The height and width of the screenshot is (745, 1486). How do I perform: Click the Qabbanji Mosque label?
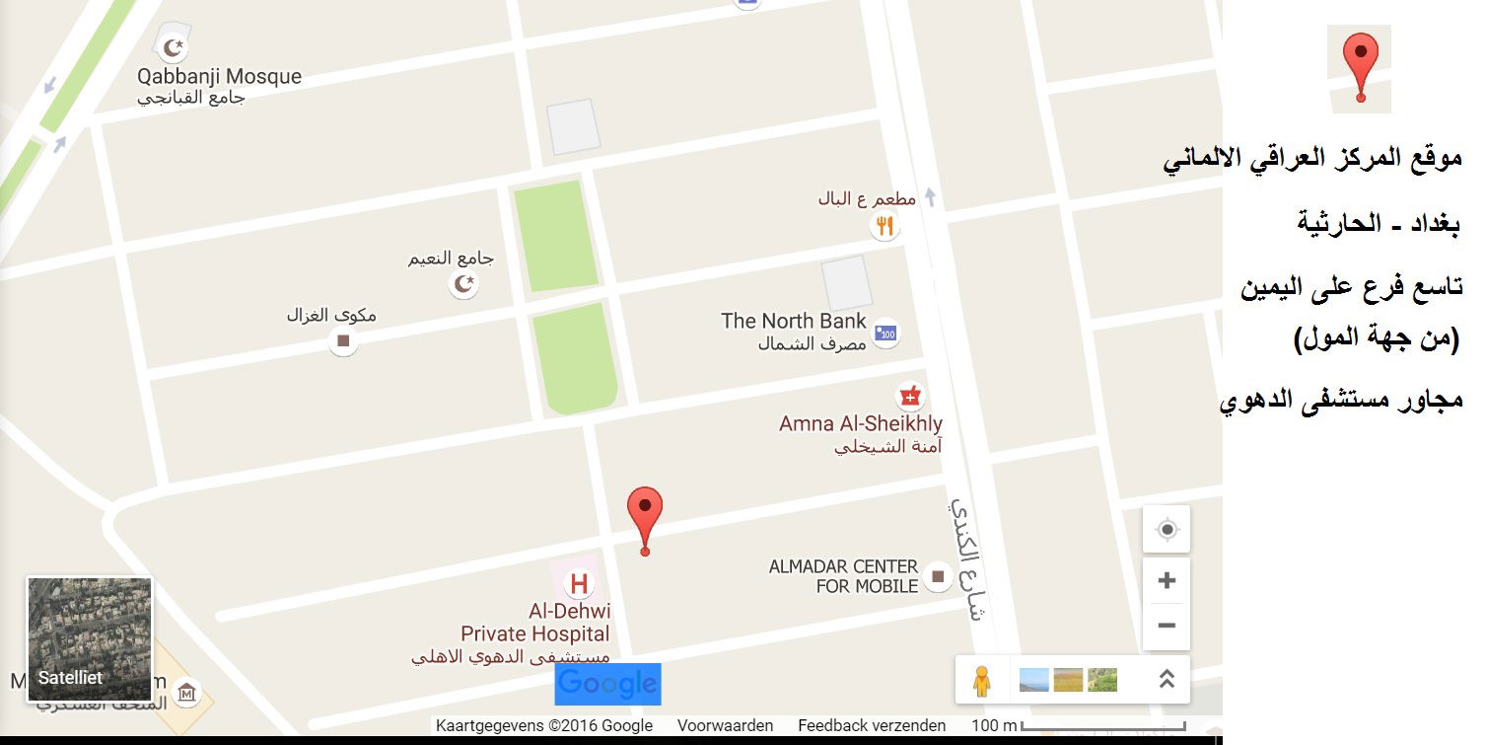(x=219, y=77)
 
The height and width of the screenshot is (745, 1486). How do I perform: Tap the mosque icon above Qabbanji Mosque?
(x=174, y=47)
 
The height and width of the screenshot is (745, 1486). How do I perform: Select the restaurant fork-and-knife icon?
(x=885, y=226)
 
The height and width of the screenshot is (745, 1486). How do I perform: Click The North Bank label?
(x=793, y=321)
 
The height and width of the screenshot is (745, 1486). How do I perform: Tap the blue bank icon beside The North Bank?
(x=886, y=333)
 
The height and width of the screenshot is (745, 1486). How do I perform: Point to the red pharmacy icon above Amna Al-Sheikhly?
(x=909, y=397)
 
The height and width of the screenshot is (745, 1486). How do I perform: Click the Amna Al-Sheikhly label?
(x=860, y=424)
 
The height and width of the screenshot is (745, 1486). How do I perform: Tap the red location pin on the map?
(x=645, y=513)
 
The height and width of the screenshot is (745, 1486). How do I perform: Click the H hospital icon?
(x=579, y=583)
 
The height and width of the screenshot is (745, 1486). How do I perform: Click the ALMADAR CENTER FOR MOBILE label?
(x=843, y=576)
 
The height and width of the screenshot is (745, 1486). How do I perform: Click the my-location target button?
(x=1167, y=530)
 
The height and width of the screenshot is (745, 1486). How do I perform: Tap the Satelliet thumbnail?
(x=90, y=638)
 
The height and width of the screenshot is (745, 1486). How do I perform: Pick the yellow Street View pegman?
(x=981, y=681)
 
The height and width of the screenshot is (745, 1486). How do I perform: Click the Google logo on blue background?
(x=607, y=684)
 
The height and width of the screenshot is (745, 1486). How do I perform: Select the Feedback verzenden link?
(x=872, y=726)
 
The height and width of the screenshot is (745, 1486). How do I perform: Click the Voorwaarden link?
(x=725, y=726)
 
